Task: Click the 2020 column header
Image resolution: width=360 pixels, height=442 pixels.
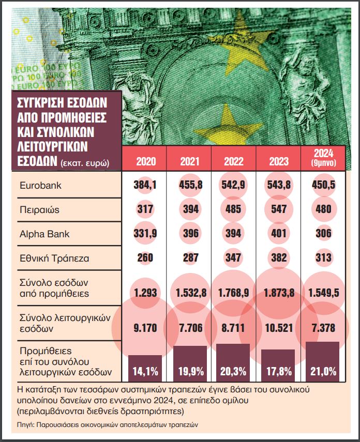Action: coord(145,161)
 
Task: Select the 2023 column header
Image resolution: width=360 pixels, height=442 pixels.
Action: coord(279,161)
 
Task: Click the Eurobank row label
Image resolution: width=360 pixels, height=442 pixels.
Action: coord(40,185)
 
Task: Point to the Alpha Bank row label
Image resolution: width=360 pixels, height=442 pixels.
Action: coord(44,234)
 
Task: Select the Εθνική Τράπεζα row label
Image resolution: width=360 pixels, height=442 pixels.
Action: coord(51,257)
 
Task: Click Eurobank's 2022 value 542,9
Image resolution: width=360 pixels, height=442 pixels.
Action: coord(234,185)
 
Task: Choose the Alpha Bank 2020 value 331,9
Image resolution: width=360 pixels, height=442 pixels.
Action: coord(145,234)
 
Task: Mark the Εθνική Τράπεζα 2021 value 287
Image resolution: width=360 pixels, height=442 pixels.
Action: coord(190,257)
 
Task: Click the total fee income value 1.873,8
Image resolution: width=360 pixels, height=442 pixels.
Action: coord(279,293)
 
